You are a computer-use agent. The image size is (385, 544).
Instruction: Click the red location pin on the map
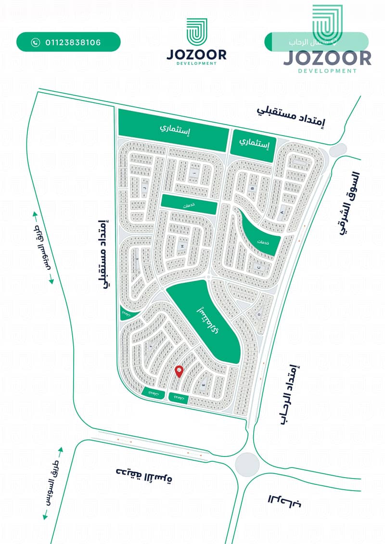(x=180, y=371)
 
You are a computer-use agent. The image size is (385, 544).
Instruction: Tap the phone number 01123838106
(x=73, y=42)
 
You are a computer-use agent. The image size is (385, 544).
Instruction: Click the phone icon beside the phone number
(x=35, y=42)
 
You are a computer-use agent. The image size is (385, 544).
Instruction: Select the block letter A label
(x=282, y=212)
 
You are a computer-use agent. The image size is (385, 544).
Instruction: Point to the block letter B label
(x=252, y=189)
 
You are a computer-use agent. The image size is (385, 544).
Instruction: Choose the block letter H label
(x=182, y=246)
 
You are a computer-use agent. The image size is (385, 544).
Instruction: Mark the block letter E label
(x=204, y=385)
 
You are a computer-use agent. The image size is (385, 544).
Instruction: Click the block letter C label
(x=259, y=267)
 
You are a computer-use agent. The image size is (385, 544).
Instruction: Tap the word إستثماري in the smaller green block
(x=254, y=142)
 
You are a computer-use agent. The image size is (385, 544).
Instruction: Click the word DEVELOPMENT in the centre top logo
(x=196, y=63)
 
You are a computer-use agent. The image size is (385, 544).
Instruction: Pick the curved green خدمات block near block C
(x=262, y=236)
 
